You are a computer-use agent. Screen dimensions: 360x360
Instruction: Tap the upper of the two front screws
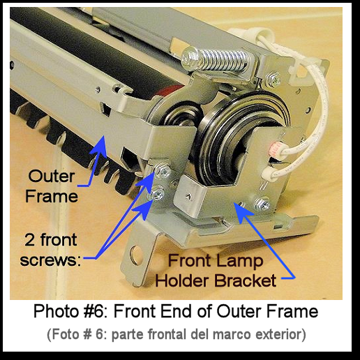click(163, 172)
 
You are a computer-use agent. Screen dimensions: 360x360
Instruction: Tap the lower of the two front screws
click(158, 193)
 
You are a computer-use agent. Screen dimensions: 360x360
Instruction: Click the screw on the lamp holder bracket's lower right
click(263, 205)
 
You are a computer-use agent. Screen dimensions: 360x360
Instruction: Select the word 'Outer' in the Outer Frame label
click(52, 177)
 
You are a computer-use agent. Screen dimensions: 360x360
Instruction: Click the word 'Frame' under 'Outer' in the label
click(52, 196)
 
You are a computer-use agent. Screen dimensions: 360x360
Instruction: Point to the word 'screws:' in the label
click(50, 260)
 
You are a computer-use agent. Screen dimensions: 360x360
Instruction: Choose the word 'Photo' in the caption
click(57, 311)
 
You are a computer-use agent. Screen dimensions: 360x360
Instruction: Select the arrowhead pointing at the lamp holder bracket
click(242, 211)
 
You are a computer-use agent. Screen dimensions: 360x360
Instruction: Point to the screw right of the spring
click(273, 80)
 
